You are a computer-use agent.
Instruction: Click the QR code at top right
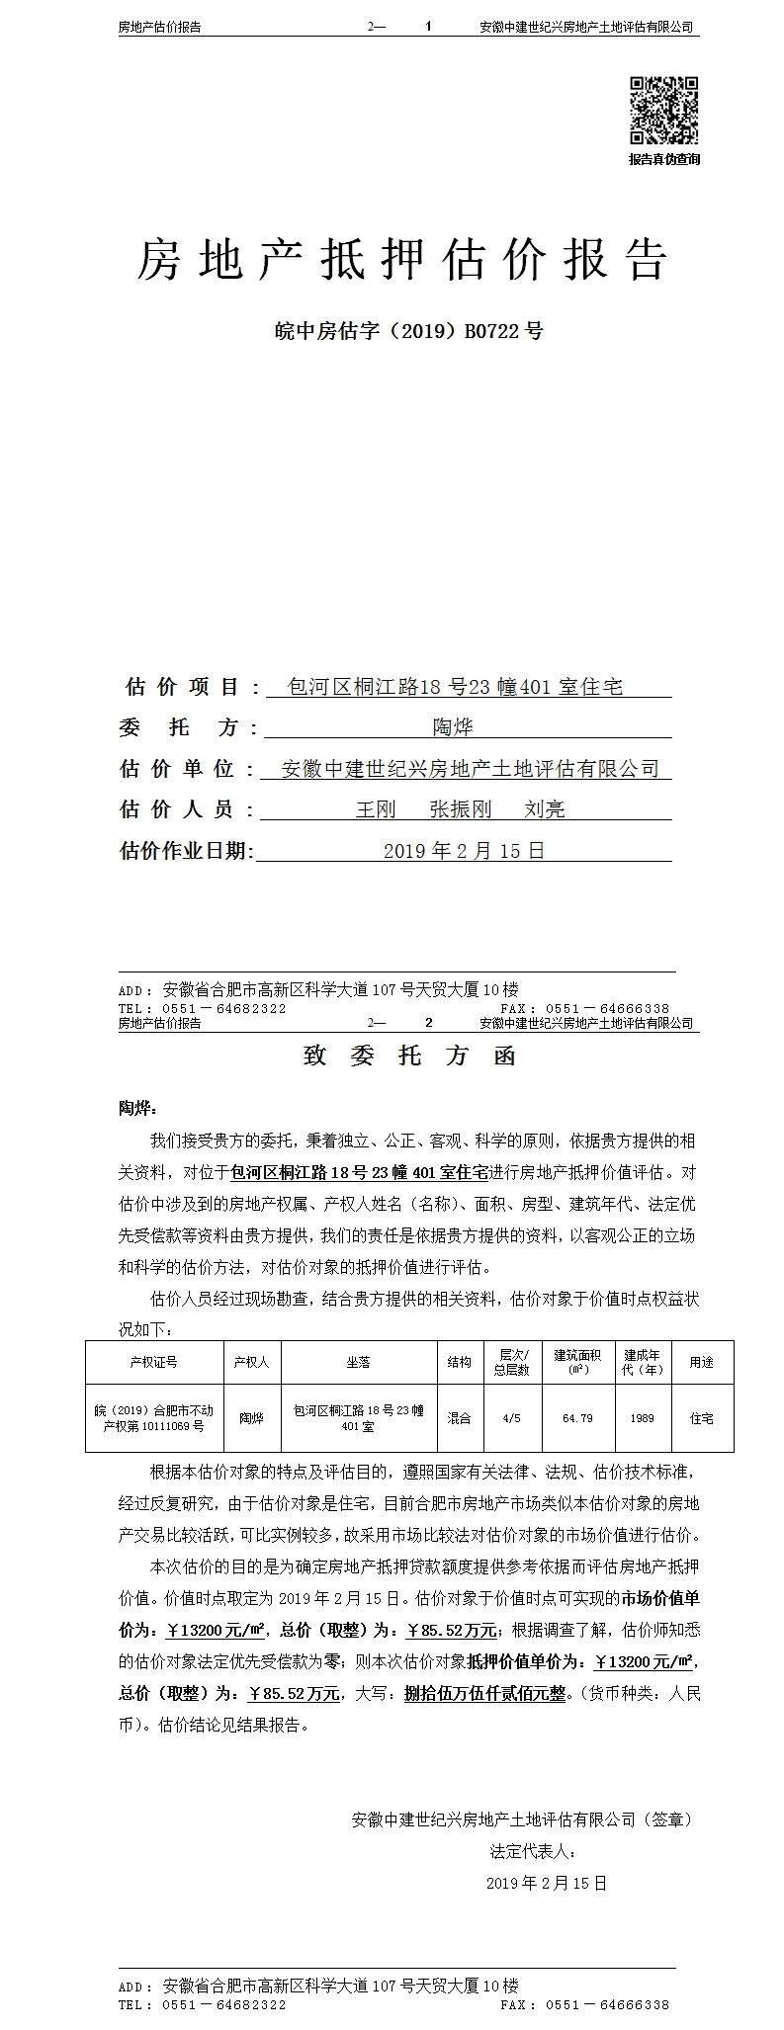(x=664, y=110)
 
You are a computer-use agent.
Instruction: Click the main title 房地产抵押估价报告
(x=401, y=259)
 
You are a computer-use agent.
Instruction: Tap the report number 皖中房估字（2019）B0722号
(x=408, y=331)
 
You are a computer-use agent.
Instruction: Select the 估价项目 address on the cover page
(x=455, y=686)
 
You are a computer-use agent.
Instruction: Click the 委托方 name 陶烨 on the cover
(x=453, y=727)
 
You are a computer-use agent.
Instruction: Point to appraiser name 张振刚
(x=460, y=809)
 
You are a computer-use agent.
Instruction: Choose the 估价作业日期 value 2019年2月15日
(x=464, y=850)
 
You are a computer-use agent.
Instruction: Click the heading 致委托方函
(x=409, y=1056)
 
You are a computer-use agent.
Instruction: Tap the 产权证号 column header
(x=153, y=1362)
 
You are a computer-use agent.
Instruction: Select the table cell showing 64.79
(x=577, y=1418)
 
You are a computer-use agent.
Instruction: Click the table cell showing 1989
(x=642, y=1418)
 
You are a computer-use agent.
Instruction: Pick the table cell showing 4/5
(x=512, y=1418)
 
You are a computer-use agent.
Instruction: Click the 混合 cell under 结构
(x=459, y=1418)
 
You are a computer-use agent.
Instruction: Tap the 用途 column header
(x=702, y=1362)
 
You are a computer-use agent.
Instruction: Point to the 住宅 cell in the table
(x=702, y=1418)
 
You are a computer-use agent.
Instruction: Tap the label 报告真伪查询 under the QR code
(x=664, y=159)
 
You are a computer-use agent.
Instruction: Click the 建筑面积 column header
(x=577, y=1362)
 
